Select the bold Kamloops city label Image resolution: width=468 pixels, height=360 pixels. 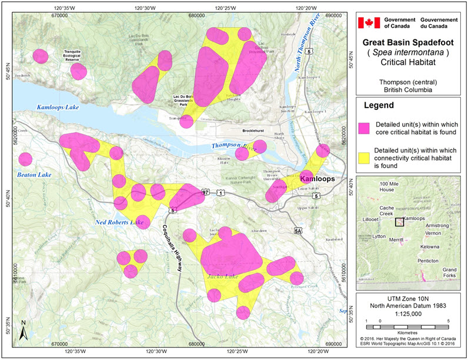317,178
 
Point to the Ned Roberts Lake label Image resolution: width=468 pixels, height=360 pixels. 119,222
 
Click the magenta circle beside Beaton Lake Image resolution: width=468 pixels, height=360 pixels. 25,159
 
